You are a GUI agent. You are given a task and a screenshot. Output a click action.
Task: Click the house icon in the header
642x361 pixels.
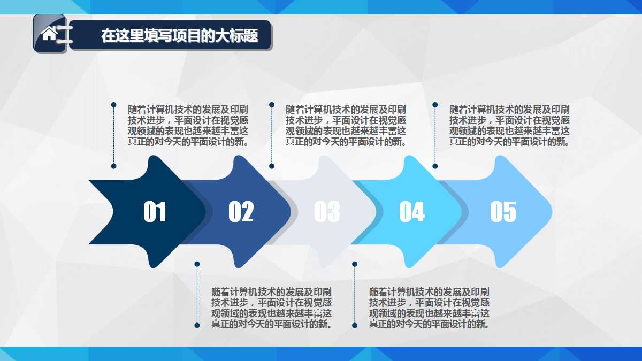click(49, 34)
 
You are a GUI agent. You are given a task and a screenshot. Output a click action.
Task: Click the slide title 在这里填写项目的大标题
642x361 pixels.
click(179, 36)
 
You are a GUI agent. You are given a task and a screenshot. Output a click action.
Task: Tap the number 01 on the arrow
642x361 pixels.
click(155, 212)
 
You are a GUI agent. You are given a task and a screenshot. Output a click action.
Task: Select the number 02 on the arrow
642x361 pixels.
click(241, 212)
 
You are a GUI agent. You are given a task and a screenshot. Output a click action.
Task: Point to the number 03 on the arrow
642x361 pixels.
click(326, 212)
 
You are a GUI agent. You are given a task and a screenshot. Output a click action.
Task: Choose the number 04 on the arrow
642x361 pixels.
click(411, 212)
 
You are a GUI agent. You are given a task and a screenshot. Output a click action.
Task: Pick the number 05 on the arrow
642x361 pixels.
click(503, 212)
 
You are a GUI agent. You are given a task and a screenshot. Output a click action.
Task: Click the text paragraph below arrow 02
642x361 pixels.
click(271, 308)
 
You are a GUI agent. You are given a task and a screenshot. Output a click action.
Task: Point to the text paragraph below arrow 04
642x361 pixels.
click(429, 308)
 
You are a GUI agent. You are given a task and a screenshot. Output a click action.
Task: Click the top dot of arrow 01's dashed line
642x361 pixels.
click(113, 105)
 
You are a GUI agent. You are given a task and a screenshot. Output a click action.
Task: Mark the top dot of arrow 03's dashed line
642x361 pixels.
click(272, 105)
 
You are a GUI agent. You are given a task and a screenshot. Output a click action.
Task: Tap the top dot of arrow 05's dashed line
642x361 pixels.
click(435, 105)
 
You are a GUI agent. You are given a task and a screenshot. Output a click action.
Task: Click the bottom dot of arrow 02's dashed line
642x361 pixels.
click(197, 325)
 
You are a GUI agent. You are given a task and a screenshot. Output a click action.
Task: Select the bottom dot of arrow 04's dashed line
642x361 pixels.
click(354, 325)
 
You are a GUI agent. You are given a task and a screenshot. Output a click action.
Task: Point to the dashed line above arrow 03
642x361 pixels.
click(272, 135)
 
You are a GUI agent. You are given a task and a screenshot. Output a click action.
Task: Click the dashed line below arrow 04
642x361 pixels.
click(354, 294)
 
